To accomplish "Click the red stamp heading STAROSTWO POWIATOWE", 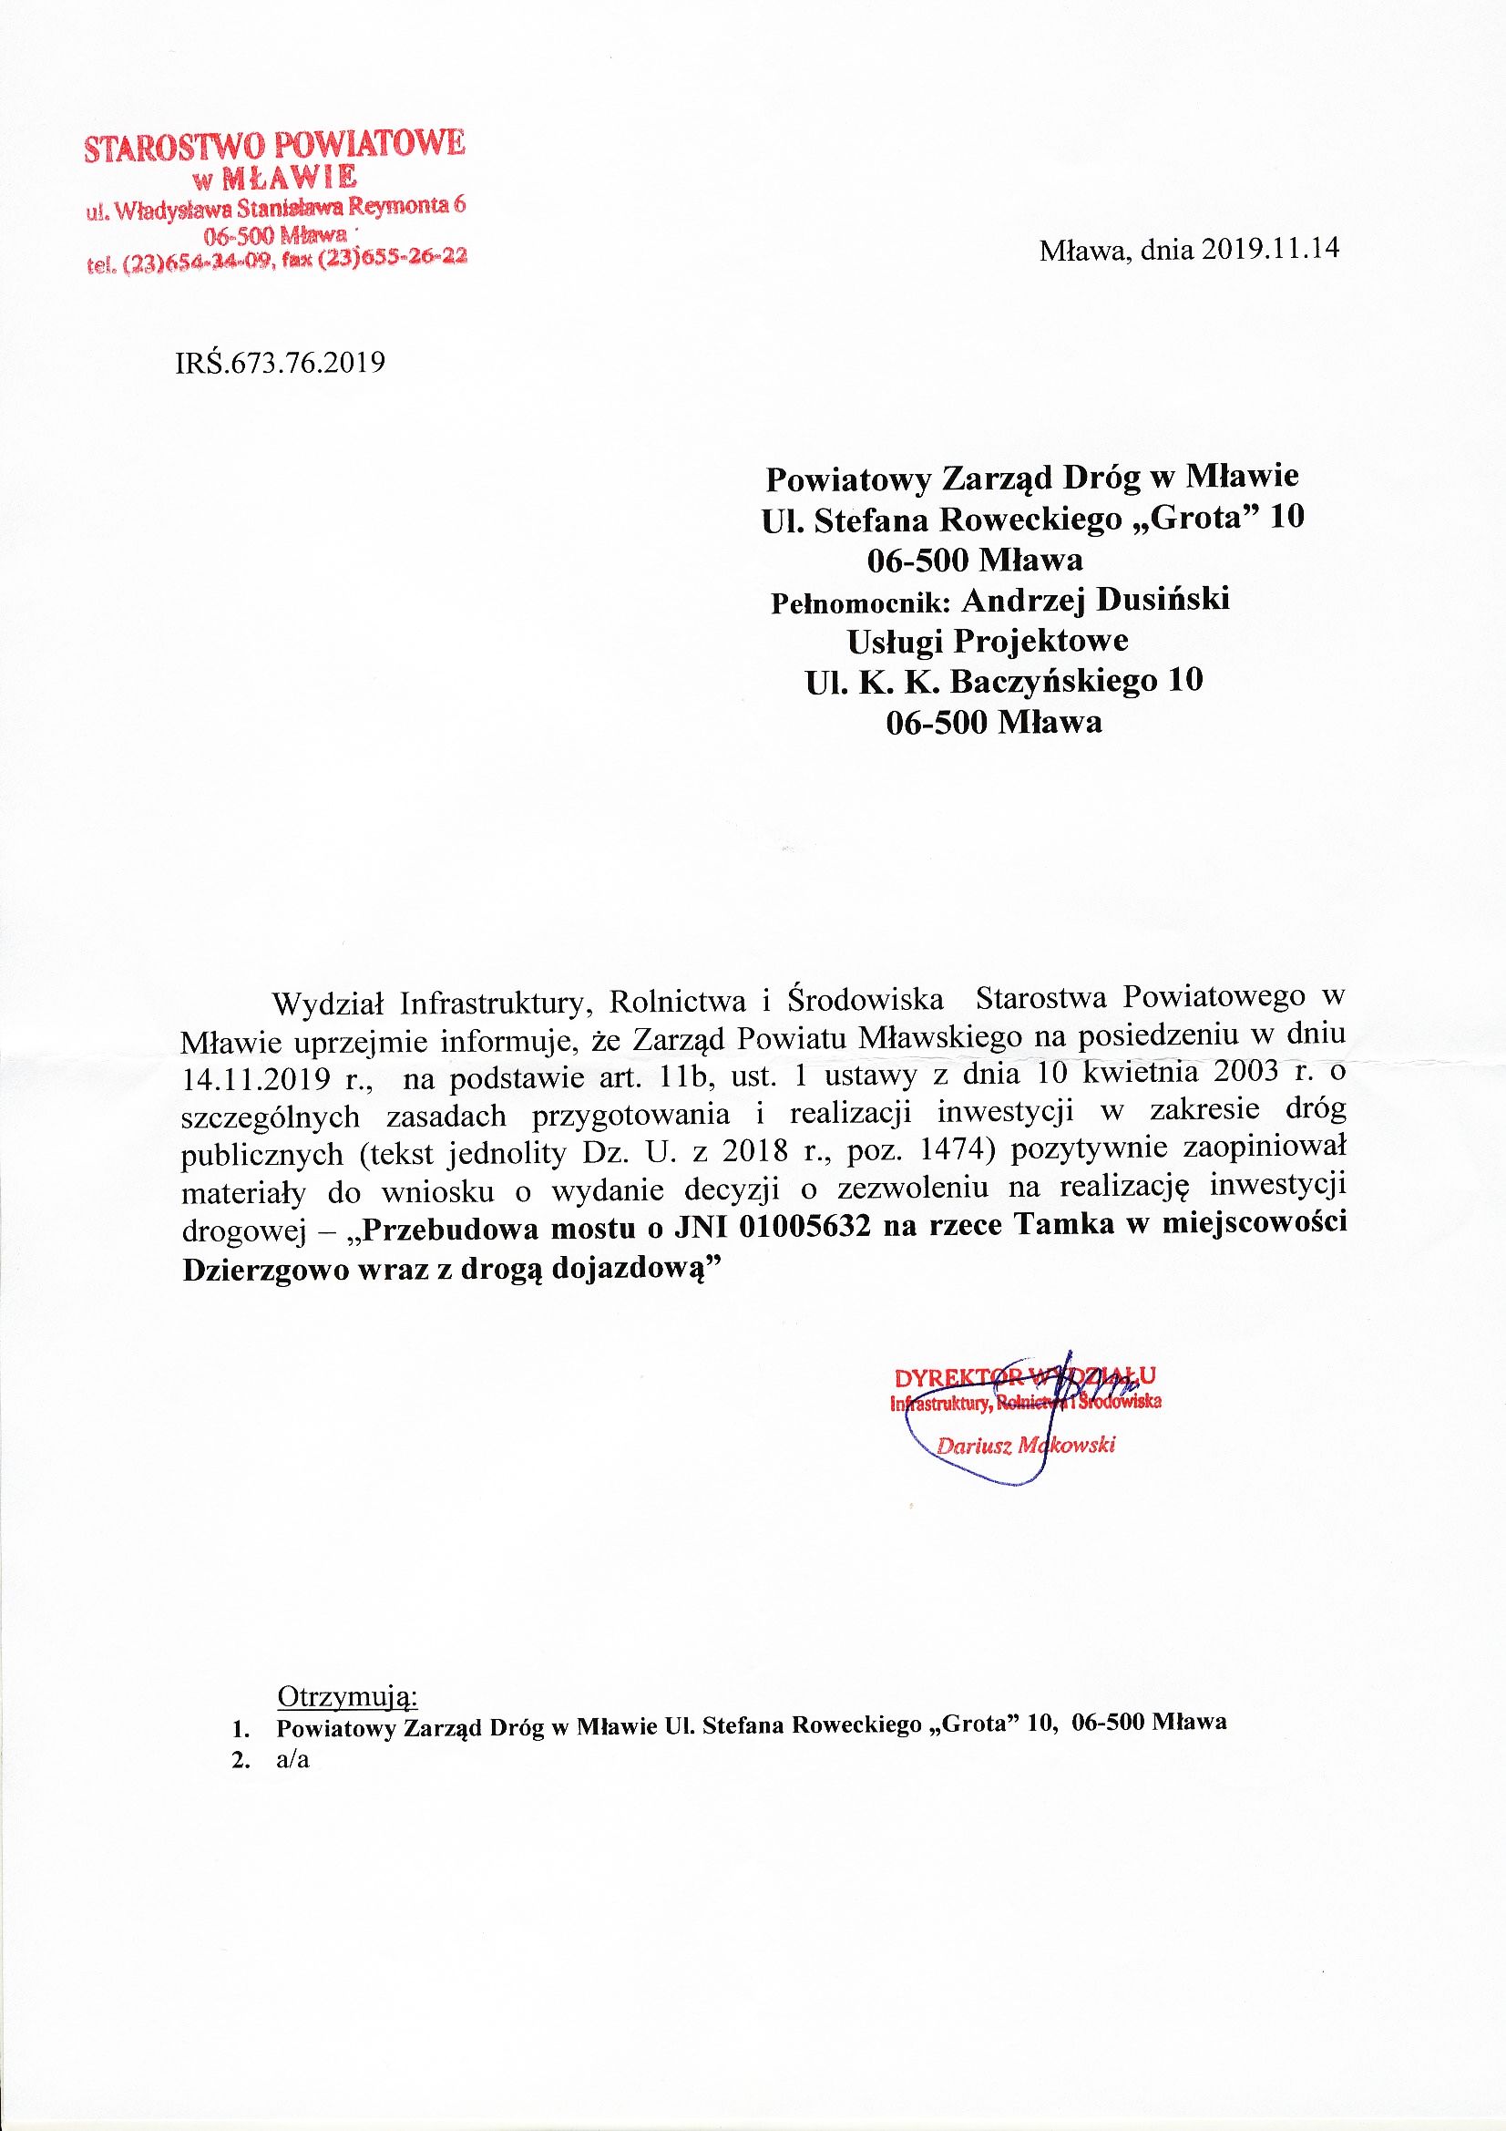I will pyautogui.click(x=273, y=146).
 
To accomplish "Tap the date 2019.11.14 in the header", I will pyautogui.click(x=1270, y=250).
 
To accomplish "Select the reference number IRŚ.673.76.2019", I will pyautogui.click(x=280, y=361).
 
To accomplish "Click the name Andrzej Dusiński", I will pyautogui.click(x=1095, y=600).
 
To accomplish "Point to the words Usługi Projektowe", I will pyautogui.click(x=988, y=641).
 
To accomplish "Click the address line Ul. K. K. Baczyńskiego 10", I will pyautogui.click(x=1003, y=681).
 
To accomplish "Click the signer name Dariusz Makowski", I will pyautogui.click(x=1025, y=1444).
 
